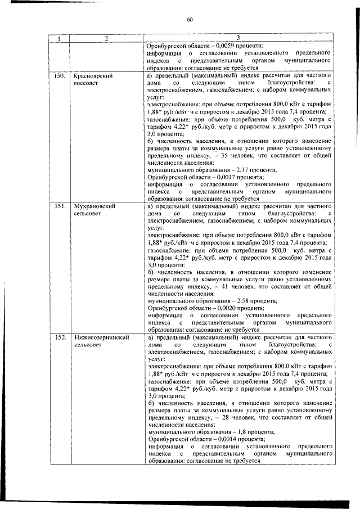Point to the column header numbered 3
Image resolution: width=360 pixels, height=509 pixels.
(x=238, y=39)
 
